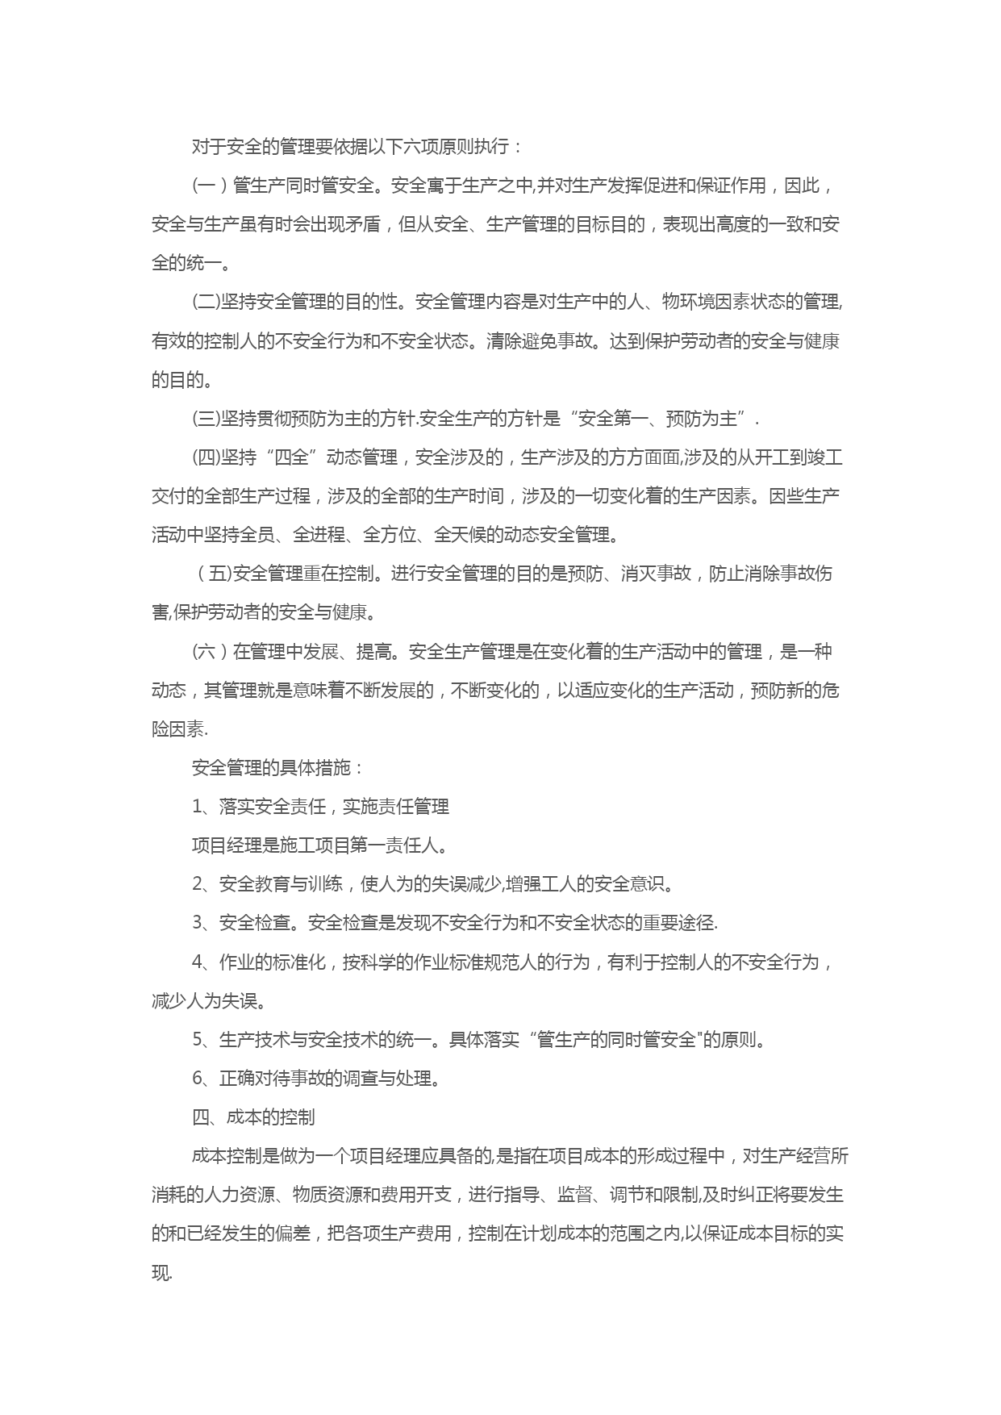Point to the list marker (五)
pos(215,574)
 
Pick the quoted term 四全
pos(291,457)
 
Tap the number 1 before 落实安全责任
pos(198,807)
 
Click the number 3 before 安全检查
pos(198,923)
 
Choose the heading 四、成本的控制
pos(252,1117)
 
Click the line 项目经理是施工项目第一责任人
pos(319,845)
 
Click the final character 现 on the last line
pos(160,1273)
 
